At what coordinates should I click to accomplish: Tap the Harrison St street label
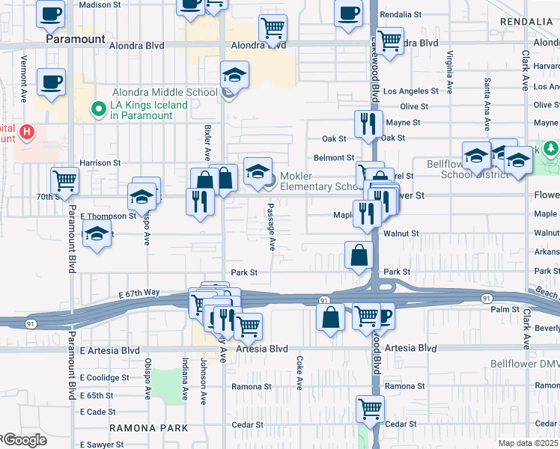tap(100, 162)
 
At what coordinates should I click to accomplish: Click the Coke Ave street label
tap(299, 373)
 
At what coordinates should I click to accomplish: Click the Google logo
tap(24, 441)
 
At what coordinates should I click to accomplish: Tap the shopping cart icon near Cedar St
tap(370, 408)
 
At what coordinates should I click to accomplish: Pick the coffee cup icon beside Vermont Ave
tap(51, 82)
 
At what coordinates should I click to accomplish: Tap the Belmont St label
tap(334, 158)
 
